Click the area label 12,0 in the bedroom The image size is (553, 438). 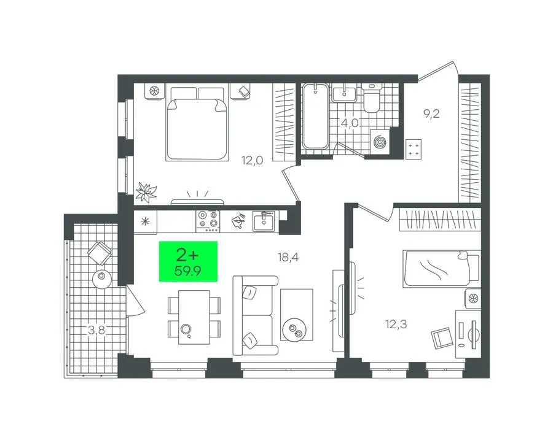[x=252, y=161]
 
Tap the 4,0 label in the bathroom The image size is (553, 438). [x=350, y=123]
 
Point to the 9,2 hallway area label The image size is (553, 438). [x=431, y=114]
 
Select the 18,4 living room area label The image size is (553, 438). [x=288, y=258]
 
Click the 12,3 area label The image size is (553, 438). [x=396, y=324]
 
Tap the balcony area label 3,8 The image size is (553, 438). [x=96, y=330]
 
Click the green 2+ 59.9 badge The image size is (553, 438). [x=188, y=261]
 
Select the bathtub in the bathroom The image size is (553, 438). [x=315, y=116]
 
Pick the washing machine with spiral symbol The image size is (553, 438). [x=380, y=142]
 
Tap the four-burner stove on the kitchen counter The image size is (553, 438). [x=208, y=221]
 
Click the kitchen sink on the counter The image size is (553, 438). [x=263, y=221]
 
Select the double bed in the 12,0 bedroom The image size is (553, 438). [x=197, y=123]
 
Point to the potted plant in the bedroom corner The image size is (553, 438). [x=146, y=192]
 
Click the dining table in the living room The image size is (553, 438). [x=194, y=317]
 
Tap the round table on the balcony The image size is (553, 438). [x=102, y=279]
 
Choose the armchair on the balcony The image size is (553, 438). [x=100, y=252]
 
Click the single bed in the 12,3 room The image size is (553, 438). [x=442, y=268]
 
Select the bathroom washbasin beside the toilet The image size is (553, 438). [x=344, y=93]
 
